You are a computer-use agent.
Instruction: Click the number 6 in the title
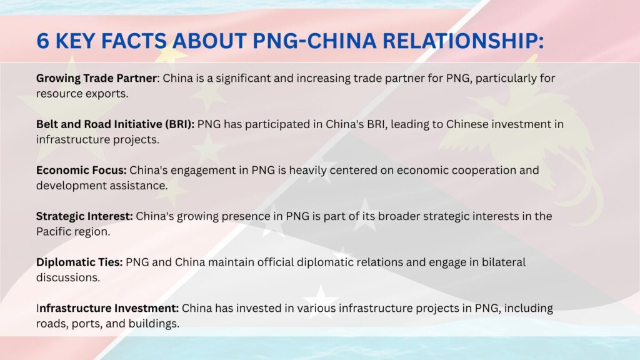[x=43, y=41]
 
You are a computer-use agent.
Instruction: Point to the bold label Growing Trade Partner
[x=96, y=78]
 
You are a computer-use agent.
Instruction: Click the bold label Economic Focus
[x=81, y=170]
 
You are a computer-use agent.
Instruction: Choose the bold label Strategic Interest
[x=84, y=216]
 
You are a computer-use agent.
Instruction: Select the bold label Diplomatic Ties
[x=79, y=262]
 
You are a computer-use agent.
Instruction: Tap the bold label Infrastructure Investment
[x=107, y=308]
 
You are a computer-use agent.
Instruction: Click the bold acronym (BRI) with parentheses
[x=179, y=124]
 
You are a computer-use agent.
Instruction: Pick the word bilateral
[x=504, y=262]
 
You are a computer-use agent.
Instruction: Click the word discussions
[x=68, y=277]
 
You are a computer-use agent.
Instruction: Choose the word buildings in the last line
[x=154, y=324]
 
